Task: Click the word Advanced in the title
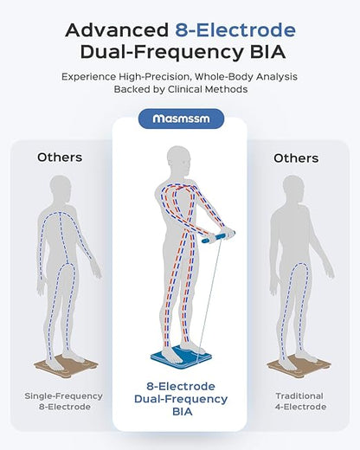(x=117, y=29)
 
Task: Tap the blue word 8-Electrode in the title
(x=235, y=29)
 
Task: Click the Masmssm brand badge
(x=181, y=119)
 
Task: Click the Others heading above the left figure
(x=60, y=157)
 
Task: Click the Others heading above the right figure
(x=296, y=158)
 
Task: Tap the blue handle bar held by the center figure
(x=218, y=237)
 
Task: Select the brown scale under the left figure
(x=66, y=366)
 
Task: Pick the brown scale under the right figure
(x=299, y=366)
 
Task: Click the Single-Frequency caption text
(x=63, y=396)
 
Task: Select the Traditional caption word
(x=299, y=396)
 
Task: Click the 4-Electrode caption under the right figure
(x=300, y=407)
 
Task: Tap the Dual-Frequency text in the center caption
(x=181, y=399)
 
